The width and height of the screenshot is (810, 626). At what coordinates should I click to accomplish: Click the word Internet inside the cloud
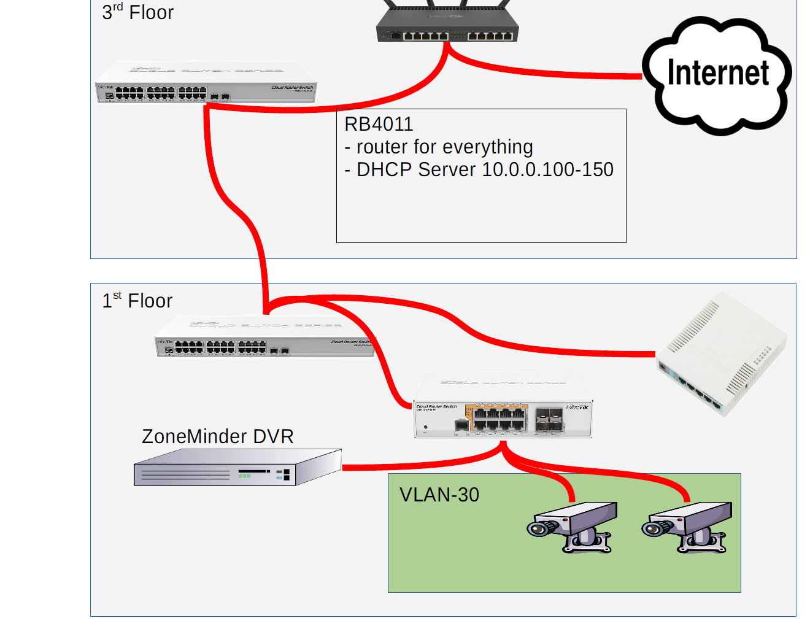[717, 73]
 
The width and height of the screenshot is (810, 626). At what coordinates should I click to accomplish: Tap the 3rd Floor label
[138, 12]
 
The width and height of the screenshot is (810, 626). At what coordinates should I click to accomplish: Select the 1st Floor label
[137, 301]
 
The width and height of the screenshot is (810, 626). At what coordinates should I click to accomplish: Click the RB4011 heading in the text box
[379, 125]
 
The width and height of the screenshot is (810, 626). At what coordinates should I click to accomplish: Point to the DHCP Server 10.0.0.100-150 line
[479, 170]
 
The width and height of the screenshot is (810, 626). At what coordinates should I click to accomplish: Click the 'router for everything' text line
[439, 147]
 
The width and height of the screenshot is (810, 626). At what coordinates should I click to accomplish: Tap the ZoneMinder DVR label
[218, 436]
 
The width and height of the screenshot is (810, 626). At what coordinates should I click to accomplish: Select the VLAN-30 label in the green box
[439, 495]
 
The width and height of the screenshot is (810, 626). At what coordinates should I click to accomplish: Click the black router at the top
[447, 28]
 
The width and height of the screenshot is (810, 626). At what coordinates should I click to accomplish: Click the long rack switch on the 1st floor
[264, 338]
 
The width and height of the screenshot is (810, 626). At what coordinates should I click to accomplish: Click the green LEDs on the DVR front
[244, 476]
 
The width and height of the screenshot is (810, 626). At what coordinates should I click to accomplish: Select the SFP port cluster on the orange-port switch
[549, 419]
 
